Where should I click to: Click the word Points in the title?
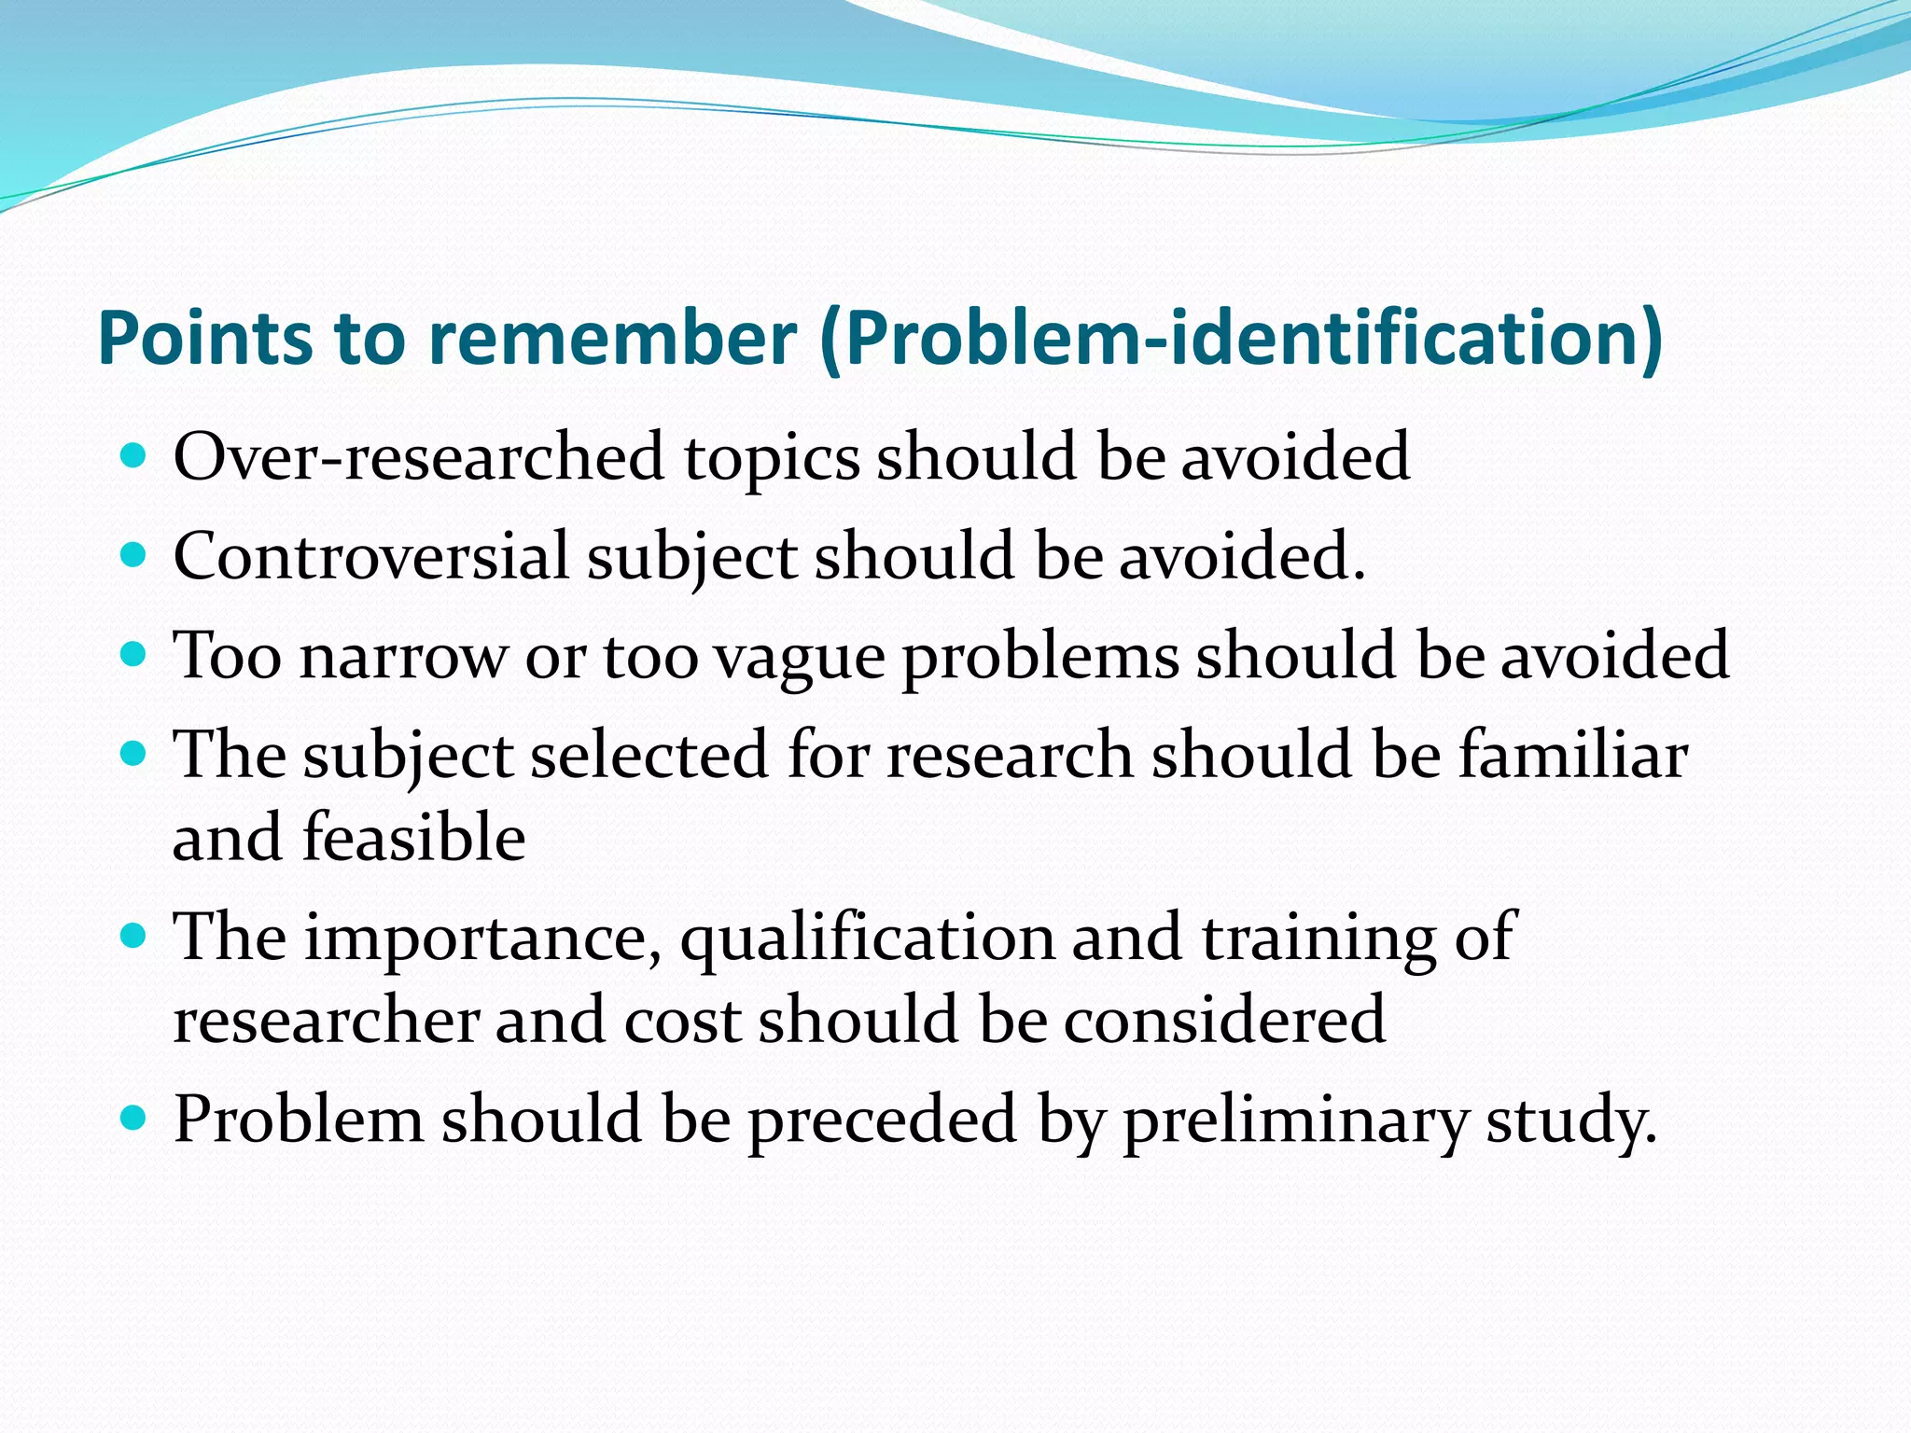[204, 338]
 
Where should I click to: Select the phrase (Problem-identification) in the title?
[1240, 338]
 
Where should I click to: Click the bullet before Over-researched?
[134, 456]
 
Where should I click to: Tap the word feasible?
[413, 837]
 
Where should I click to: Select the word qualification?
[867, 938]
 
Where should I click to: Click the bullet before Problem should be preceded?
[134, 1118]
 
